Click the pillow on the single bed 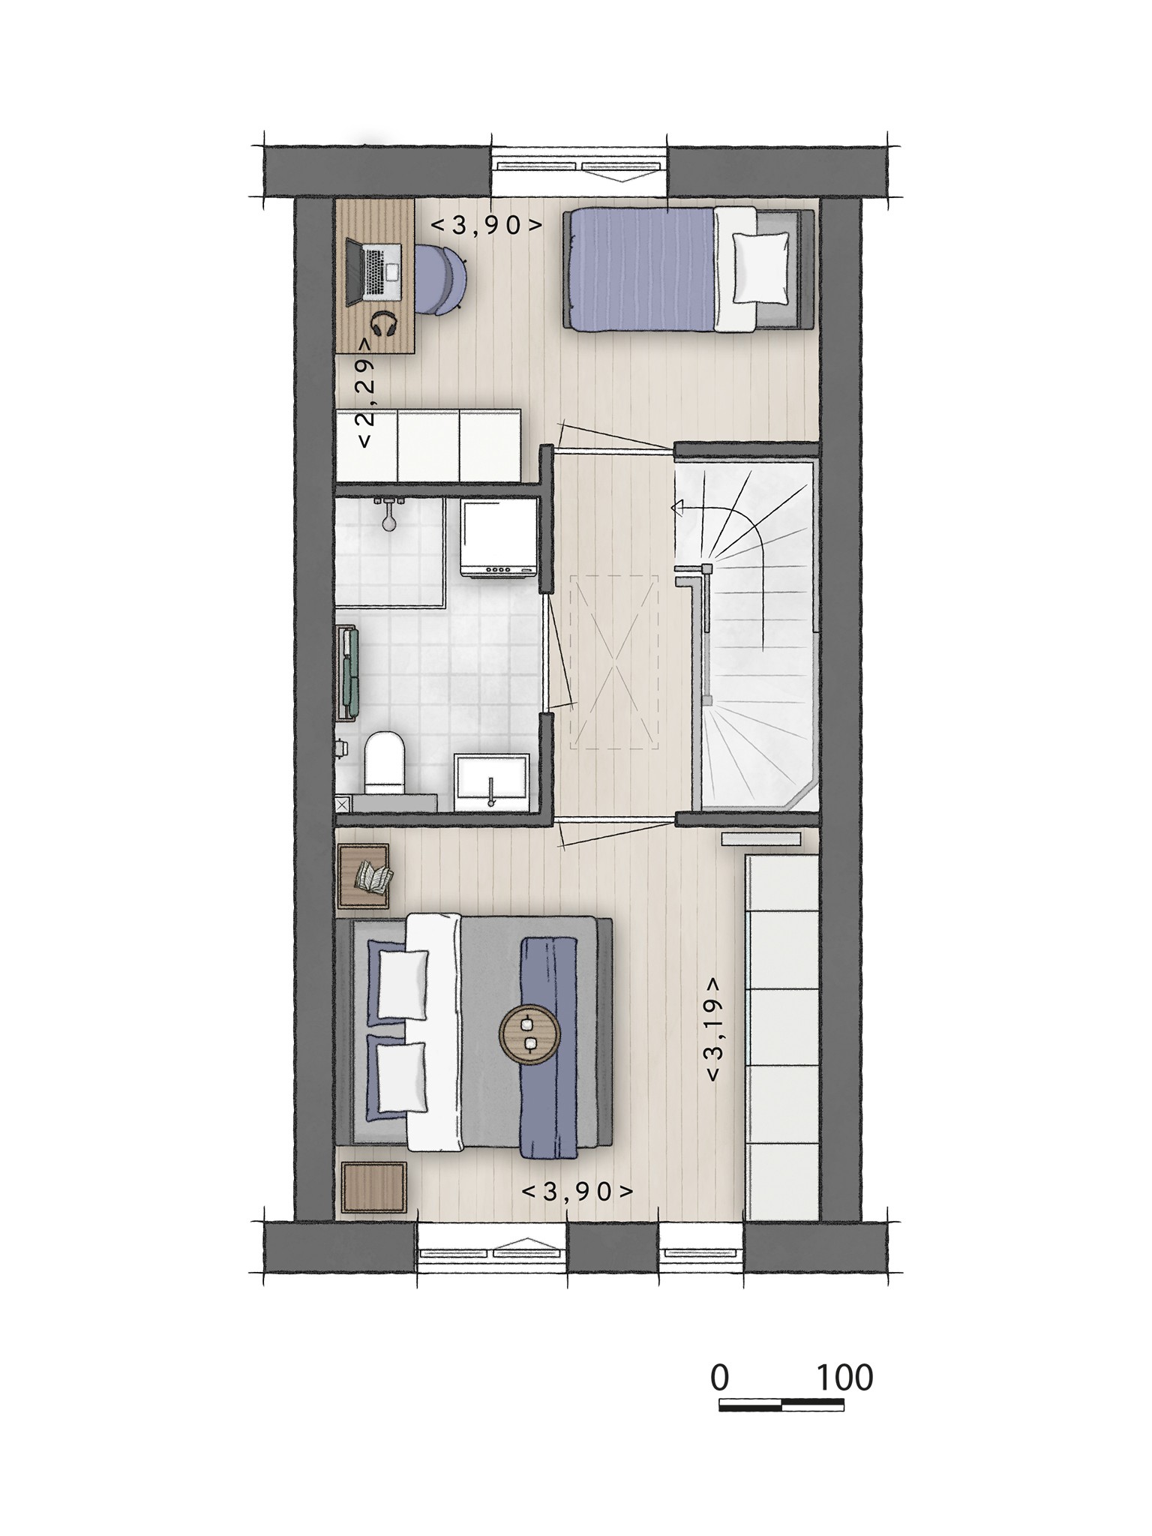pos(760,266)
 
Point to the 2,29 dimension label pos(365,393)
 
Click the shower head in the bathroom pos(388,512)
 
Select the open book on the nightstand pos(374,876)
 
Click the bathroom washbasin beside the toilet pos(491,782)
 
